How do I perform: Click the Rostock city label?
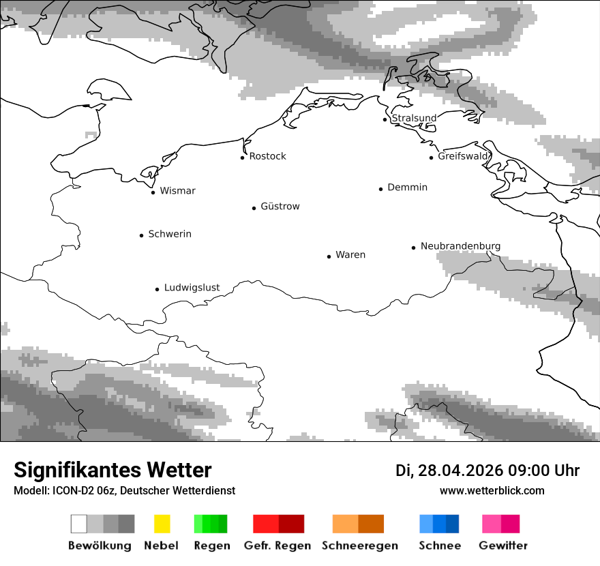tap(267, 156)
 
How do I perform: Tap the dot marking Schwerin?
tap(142, 235)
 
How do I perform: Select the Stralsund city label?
tap(414, 118)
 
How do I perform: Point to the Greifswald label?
tap(463, 156)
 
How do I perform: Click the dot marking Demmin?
tap(381, 189)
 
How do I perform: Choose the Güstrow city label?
tap(280, 206)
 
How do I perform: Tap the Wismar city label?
tap(177, 191)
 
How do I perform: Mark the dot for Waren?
tap(329, 256)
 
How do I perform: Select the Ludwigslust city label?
tap(192, 288)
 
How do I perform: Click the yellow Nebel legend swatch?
tap(162, 524)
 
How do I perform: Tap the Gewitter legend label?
tap(503, 546)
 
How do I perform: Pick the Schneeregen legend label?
tap(360, 546)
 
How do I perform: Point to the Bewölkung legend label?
tap(100, 546)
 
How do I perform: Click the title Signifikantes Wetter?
tap(112, 471)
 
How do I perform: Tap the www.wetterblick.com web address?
tap(492, 490)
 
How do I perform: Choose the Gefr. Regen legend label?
tap(277, 546)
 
